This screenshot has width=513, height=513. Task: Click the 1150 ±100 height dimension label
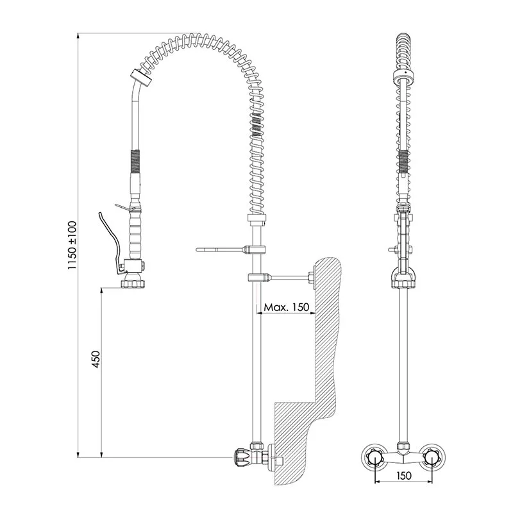(72, 246)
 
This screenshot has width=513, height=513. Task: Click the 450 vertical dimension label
(96, 359)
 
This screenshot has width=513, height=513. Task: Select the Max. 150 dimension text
(286, 307)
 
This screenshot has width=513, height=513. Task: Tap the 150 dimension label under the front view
(404, 475)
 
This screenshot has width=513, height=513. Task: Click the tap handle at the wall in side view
(242, 457)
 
